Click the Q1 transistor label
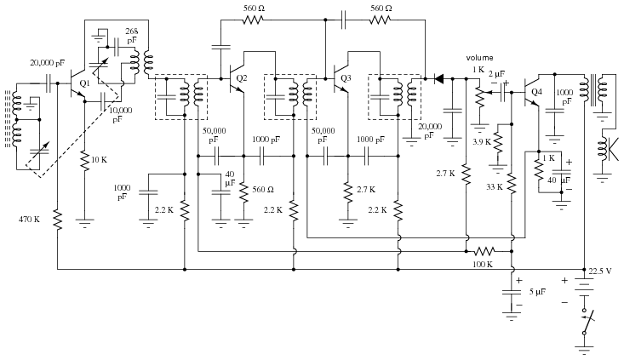pos(84,83)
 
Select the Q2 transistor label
pos(242,78)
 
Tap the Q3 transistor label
pos(346,78)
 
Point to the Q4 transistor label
pos(536,92)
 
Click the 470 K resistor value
pos(29,220)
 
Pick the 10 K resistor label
pos(99,160)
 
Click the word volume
pos(479,58)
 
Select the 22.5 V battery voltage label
pos(599,271)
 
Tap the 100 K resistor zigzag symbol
pos(484,251)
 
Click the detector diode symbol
pos(438,79)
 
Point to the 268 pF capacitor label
pos(132,36)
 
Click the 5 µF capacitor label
pos(537,292)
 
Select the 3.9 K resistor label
pos(482,142)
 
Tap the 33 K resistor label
pos(495,187)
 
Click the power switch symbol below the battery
pos(586,322)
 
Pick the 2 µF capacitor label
pos(496,74)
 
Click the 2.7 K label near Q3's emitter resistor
pos(366,190)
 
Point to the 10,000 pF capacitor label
pos(120,115)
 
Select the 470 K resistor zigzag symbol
pos(58,220)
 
